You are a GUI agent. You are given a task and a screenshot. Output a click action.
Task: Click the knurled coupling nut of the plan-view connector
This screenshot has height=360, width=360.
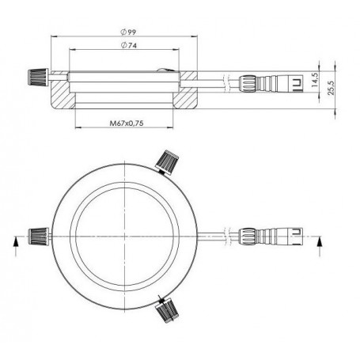click(246, 235)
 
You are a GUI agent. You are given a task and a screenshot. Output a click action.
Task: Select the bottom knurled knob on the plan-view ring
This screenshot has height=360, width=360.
click(168, 310)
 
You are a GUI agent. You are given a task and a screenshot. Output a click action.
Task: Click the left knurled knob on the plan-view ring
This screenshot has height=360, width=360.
click(37, 234)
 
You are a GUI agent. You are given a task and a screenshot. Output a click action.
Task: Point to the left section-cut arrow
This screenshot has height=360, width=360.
click(16, 241)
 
